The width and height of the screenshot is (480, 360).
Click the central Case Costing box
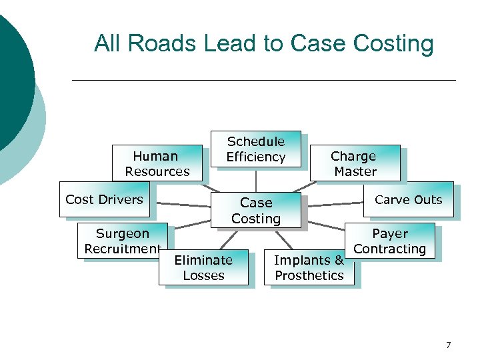[x=256, y=211]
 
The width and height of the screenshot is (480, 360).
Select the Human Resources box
[x=157, y=163]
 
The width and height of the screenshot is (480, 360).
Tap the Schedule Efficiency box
[x=255, y=149]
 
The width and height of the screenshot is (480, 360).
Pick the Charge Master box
[x=355, y=163]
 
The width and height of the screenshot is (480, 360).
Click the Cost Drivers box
[x=104, y=199]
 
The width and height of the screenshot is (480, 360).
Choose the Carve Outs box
[x=408, y=199]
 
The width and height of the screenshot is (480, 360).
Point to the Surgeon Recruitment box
[x=122, y=241]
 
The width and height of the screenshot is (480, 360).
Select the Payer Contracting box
[x=390, y=241]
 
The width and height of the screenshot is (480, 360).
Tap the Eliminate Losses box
[x=203, y=267]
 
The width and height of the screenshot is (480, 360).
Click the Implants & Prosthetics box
[x=309, y=267]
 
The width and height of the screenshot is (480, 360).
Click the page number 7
[x=448, y=345]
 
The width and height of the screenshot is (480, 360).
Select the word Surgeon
[x=122, y=233]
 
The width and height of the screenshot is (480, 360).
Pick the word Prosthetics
[x=309, y=275]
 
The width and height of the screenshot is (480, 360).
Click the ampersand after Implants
[x=339, y=260]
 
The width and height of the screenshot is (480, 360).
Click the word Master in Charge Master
[x=355, y=171]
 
